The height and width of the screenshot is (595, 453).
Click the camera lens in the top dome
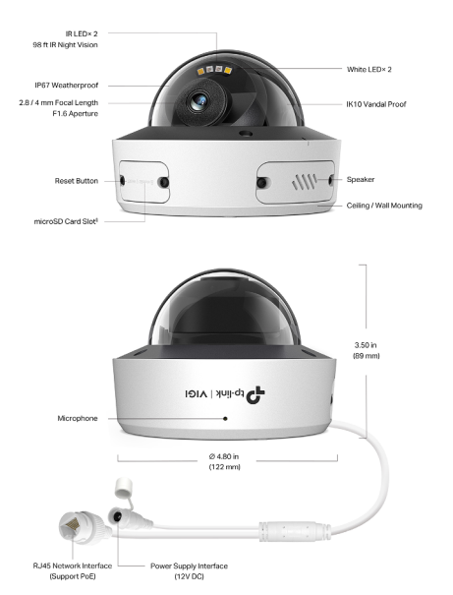(198, 101)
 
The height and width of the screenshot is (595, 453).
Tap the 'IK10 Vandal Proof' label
(376, 104)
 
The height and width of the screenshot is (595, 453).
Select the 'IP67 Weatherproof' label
(67, 85)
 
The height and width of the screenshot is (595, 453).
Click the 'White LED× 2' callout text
(369, 69)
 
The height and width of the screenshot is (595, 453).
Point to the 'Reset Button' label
(77, 181)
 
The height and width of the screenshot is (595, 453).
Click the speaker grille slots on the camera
(305, 182)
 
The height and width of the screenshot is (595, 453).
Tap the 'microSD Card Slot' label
(66, 221)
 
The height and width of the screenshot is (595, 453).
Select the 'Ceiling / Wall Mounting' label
(384, 206)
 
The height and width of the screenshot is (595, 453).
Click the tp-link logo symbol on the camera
(255, 395)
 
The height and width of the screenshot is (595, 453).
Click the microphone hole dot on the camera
(225, 419)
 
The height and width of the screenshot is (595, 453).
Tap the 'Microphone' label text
(78, 418)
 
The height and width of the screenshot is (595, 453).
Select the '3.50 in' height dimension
(366, 345)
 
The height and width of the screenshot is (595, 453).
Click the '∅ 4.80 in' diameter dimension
(224, 456)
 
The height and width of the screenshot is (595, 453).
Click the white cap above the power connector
(124, 488)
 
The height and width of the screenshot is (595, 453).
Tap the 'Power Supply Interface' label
(190, 565)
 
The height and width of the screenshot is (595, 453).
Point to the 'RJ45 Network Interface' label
(73, 565)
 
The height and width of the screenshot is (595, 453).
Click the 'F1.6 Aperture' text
(75, 113)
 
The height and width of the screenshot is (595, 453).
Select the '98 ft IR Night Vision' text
(65, 45)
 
